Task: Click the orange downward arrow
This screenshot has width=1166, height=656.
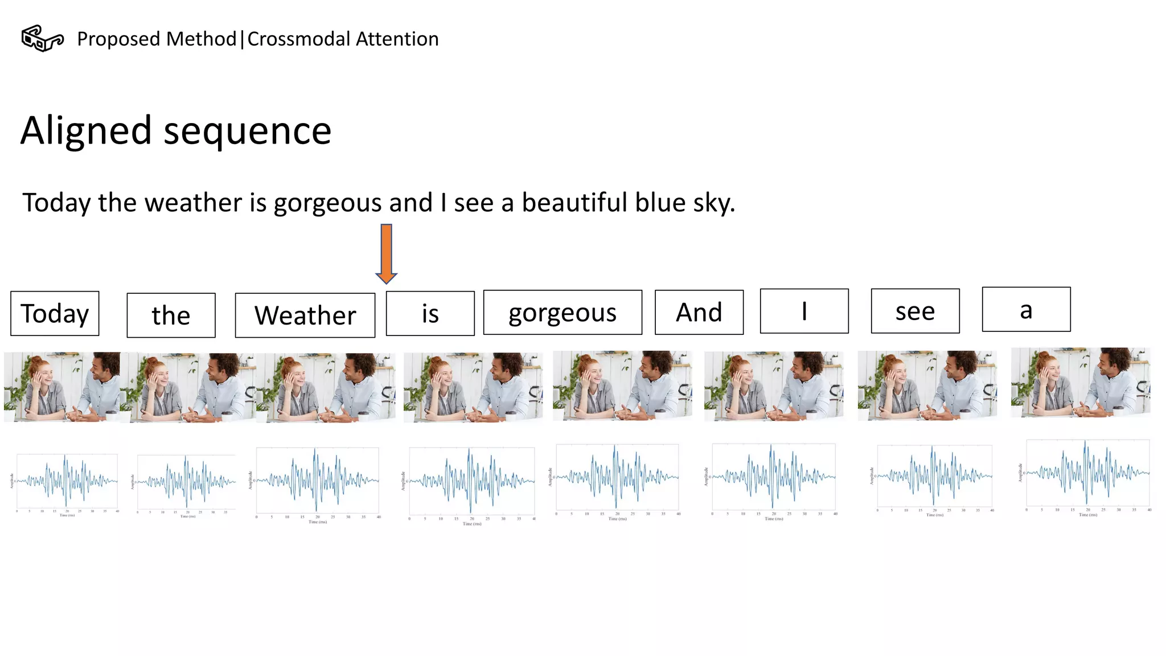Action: pyautogui.click(x=386, y=253)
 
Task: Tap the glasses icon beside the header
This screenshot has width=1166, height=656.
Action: pyautogui.click(x=42, y=39)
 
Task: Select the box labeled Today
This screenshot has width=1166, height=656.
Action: pyautogui.click(x=55, y=313)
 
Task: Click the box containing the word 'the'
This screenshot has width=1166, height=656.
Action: pyautogui.click(x=171, y=315)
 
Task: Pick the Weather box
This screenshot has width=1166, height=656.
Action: pyautogui.click(x=305, y=315)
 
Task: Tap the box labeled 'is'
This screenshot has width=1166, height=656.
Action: pyautogui.click(x=430, y=313)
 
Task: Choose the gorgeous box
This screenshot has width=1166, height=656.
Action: pyautogui.click(x=563, y=312)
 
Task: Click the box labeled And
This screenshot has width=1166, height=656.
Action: pyautogui.click(x=699, y=312)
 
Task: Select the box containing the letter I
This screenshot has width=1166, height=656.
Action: pyautogui.click(x=804, y=311)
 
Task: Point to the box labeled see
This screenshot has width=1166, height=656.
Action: pyautogui.click(x=915, y=311)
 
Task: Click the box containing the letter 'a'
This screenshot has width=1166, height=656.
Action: pyautogui.click(x=1026, y=309)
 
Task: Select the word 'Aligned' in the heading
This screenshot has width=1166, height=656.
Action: pyautogui.click(x=86, y=130)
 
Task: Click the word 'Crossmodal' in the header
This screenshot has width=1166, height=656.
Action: pyautogui.click(x=298, y=39)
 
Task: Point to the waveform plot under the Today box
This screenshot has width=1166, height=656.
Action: pyautogui.click(x=67, y=482)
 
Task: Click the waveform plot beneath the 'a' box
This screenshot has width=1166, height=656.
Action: pyautogui.click(x=1086, y=474)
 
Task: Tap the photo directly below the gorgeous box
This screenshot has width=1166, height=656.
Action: pyautogui.click(x=622, y=386)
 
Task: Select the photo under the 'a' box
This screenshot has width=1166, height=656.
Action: pyautogui.click(x=1080, y=383)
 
